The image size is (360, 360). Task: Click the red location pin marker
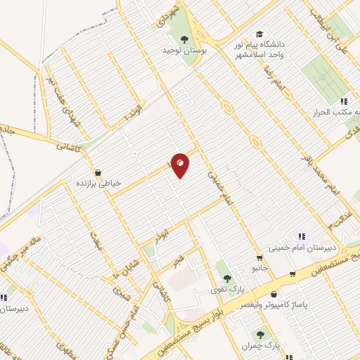pos(180,165)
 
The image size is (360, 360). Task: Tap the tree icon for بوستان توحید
pos(184,39)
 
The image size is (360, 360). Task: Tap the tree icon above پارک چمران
pos(261,335)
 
